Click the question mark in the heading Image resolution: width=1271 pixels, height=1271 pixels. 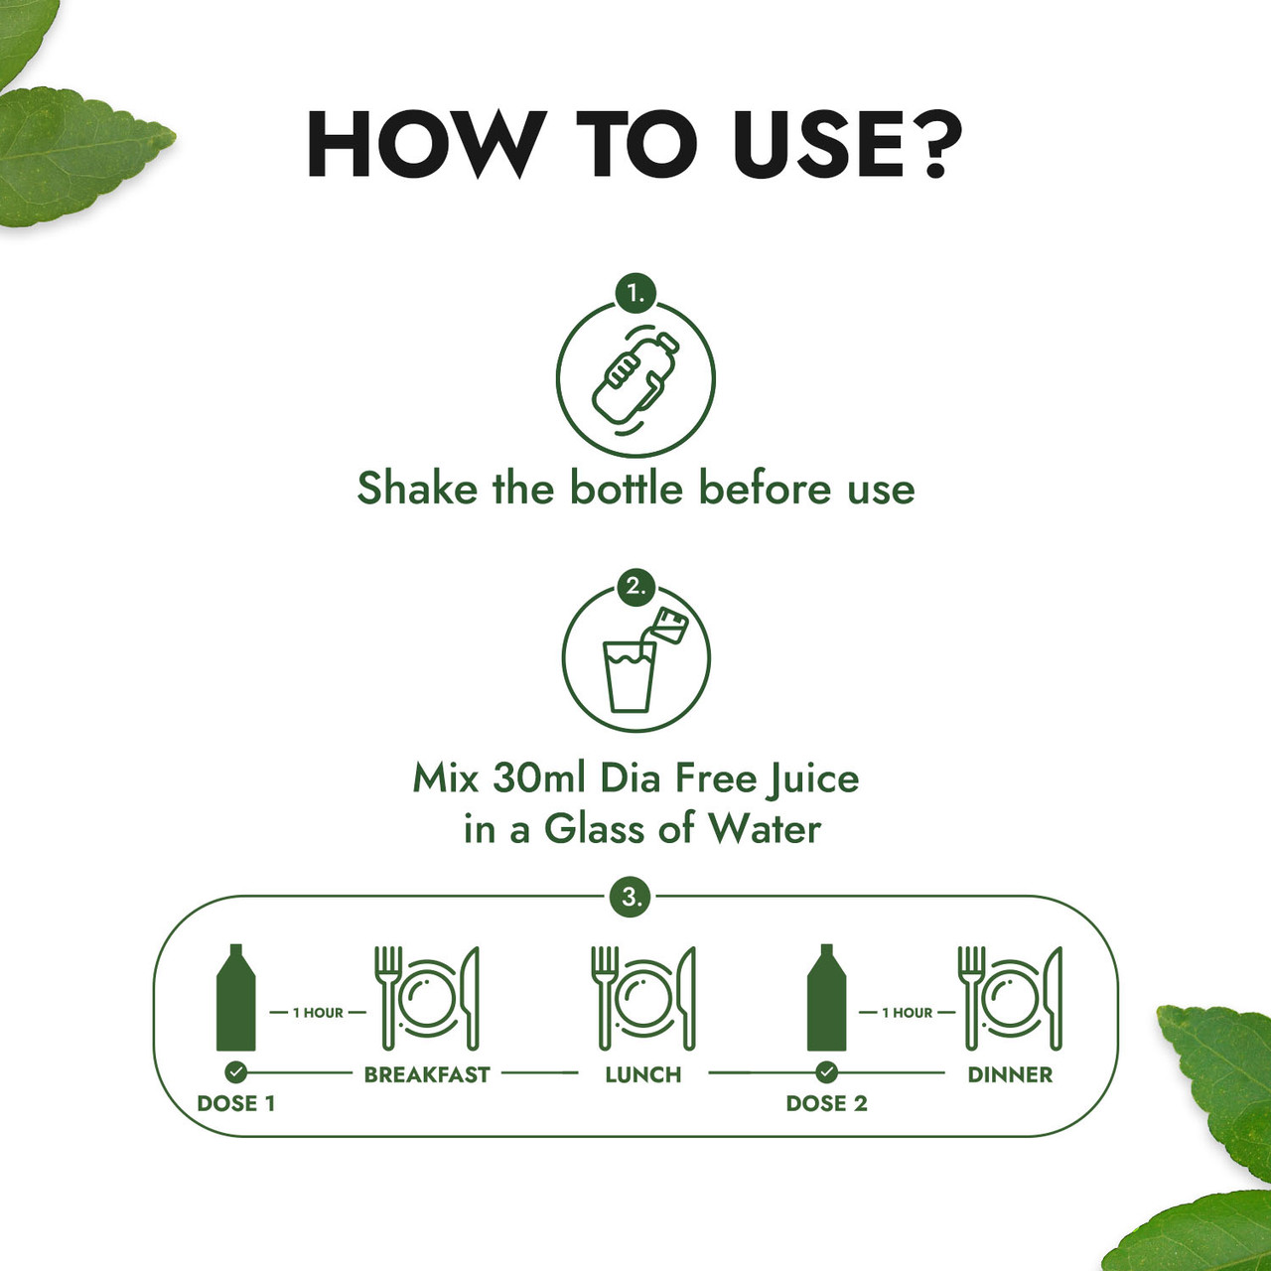pyautogui.click(x=935, y=145)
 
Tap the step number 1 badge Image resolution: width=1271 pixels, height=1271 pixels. pyautogui.click(x=635, y=294)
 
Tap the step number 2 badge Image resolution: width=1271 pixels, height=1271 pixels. pyautogui.click(x=635, y=586)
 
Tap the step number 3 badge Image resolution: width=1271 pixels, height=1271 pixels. pyautogui.click(x=632, y=898)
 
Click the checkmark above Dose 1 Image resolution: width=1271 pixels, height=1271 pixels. pyautogui.click(x=235, y=1072)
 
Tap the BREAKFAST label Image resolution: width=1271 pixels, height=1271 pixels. pyautogui.click(x=427, y=1074)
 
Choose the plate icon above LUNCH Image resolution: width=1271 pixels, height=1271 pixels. pyautogui.click(x=642, y=997)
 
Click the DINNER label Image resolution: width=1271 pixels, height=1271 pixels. pyautogui.click(x=1010, y=1074)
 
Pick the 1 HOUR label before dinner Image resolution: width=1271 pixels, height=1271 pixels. pyautogui.click(x=907, y=1013)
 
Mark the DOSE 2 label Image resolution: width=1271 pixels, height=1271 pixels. pyautogui.click(x=826, y=1103)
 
